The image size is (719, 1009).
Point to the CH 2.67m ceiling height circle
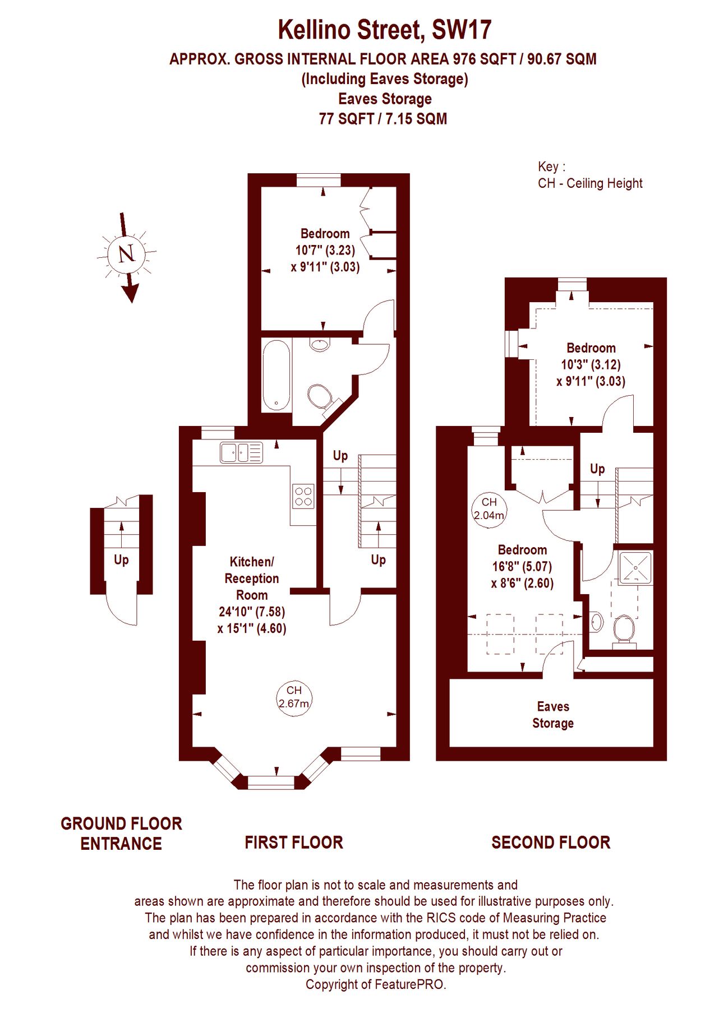point(294,697)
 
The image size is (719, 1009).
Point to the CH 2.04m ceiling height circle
point(489,508)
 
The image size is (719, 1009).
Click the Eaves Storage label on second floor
point(552,715)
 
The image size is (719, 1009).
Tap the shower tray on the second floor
point(635,568)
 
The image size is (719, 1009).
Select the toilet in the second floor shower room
point(623,630)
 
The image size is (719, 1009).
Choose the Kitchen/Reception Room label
point(252,578)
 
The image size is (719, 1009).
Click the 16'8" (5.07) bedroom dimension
point(522,566)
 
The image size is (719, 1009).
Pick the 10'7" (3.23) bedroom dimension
point(325,250)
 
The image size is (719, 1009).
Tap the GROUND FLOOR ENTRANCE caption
point(121,834)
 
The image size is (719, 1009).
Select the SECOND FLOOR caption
point(551,843)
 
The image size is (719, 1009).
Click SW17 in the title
point(462,30)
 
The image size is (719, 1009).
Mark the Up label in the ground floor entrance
point(121,560)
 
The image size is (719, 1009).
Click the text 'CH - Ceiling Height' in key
point(590,183)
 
